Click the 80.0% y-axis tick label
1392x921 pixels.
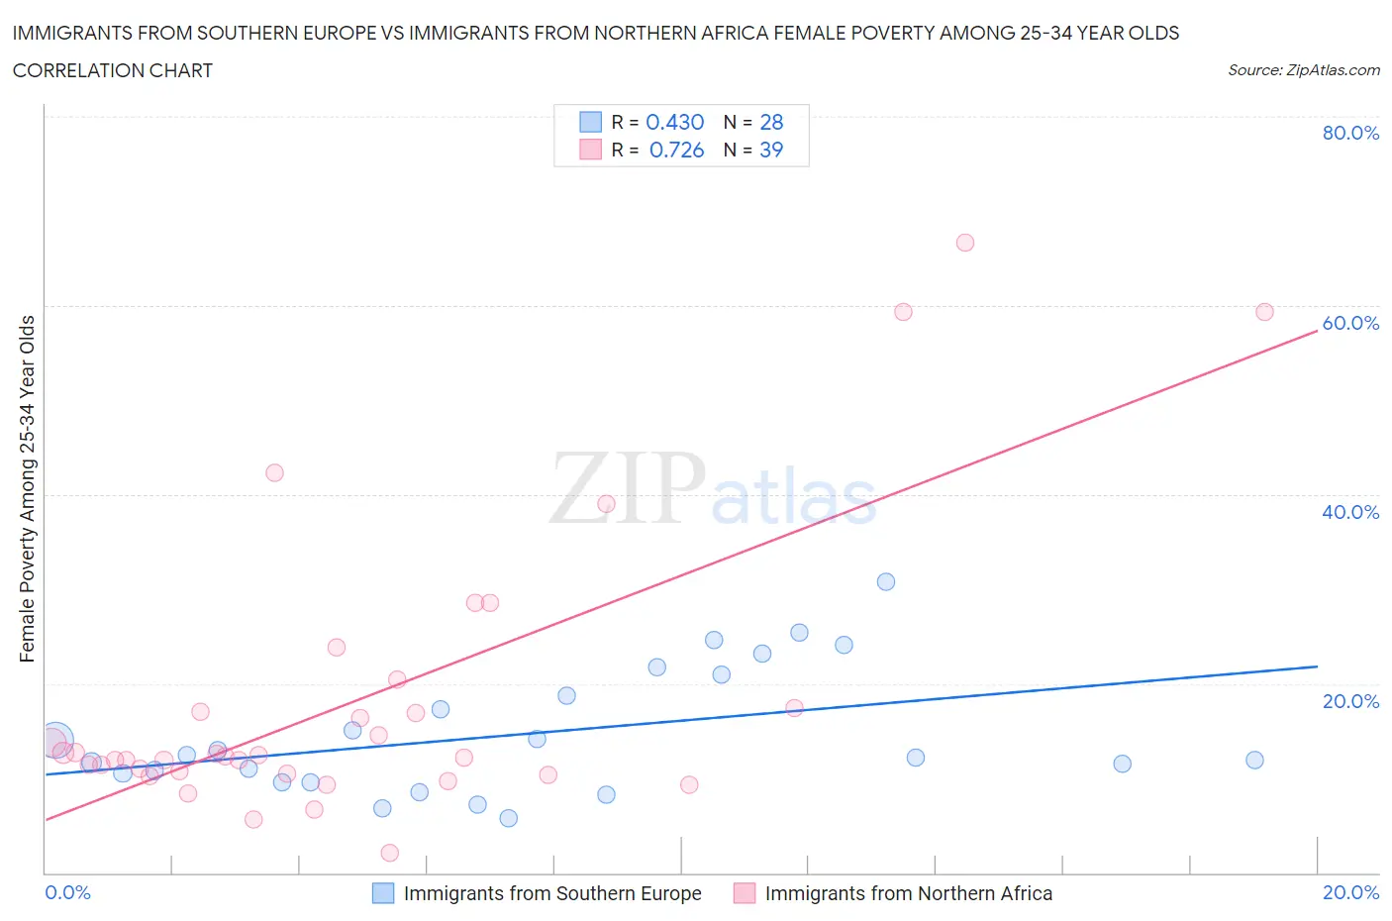pos(1350,133)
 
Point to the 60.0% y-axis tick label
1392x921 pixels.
pos(1350,323)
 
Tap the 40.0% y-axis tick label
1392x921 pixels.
pos(1350,512)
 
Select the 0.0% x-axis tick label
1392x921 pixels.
pos(67,892)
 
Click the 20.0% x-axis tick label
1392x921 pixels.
pos(1350,892)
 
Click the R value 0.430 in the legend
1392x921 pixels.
pos(674,122)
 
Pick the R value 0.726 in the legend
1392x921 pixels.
pos(676,150)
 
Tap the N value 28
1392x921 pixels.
pos(771,122)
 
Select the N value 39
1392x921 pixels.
pos(771,150)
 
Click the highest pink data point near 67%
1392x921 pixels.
pos(965,243)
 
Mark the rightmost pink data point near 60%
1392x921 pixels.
pos(1264,312)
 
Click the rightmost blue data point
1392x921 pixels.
pos(1254,761)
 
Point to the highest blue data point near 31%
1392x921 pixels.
pos(886,581)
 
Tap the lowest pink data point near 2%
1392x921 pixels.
pos(390,853)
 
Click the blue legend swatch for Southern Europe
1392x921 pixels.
pos(383,893)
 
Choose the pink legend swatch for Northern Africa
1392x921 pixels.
pos(745,893)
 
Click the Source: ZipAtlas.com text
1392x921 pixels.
pos(1303,70)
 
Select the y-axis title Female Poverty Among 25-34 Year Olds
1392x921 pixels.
pos(28,488)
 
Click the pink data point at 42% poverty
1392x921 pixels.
pos(275,472)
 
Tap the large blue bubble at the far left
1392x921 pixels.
pos(56,739)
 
